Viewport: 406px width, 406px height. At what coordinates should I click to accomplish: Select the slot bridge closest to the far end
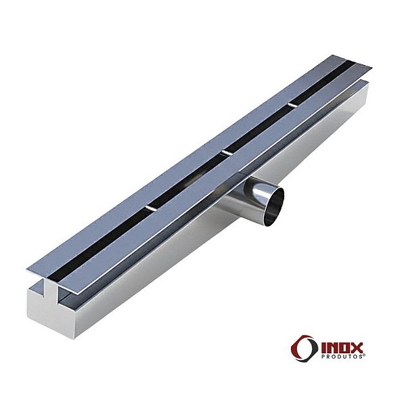tap(291, 105)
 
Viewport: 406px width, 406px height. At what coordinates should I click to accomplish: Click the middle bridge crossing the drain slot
tap(227, 153)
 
